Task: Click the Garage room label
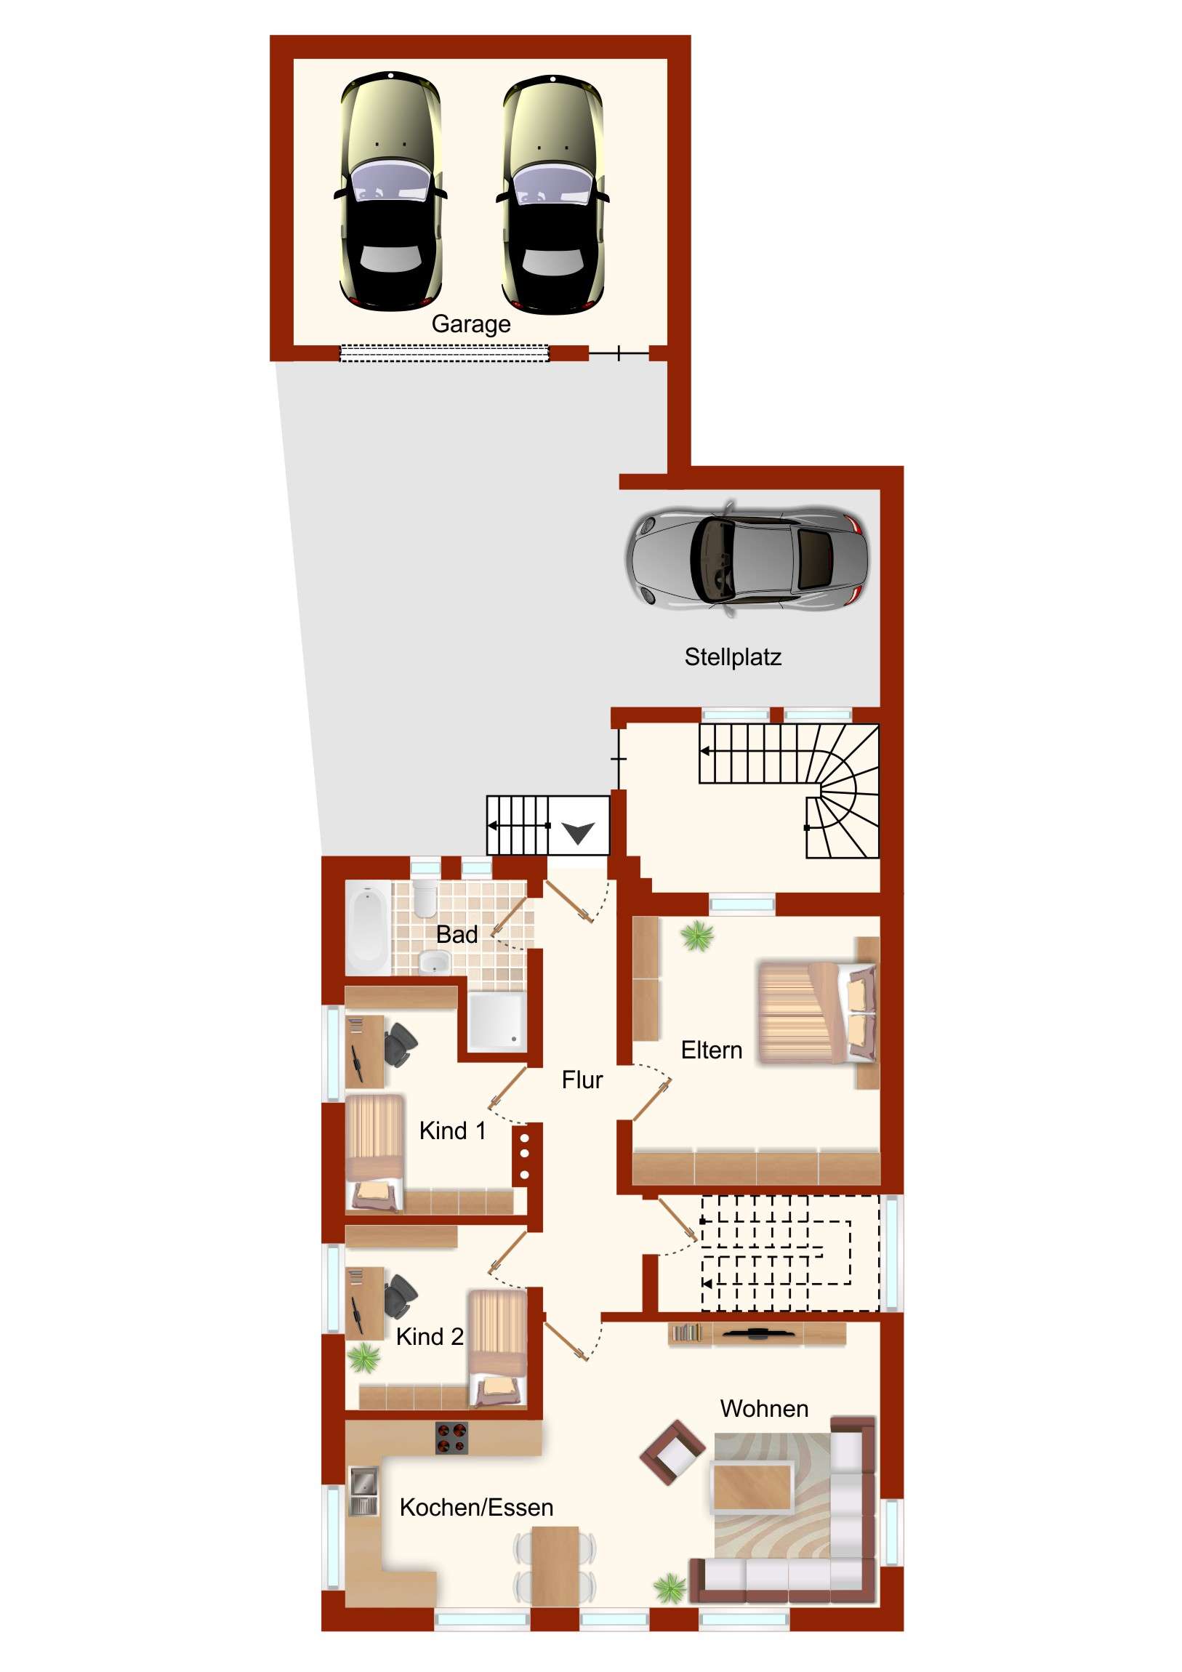470,324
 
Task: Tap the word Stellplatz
733,657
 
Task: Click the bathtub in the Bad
368,928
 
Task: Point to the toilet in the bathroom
424,898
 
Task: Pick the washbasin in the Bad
435,962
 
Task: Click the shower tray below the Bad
496,1021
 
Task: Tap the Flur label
582,1080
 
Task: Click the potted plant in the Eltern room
698,936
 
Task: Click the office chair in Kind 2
400,1297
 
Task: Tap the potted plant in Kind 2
363,1358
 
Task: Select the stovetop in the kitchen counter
451,1438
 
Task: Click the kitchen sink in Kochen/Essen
363,1492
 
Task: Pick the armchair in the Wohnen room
673,1452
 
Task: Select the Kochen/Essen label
476,1508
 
